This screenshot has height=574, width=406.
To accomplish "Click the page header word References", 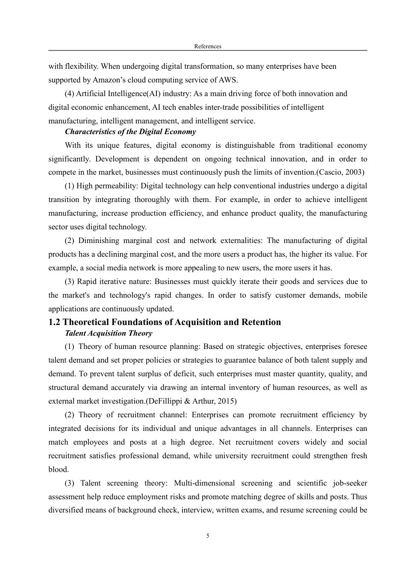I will [x=208, y=46].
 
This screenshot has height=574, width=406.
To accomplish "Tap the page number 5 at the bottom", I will [x=208, y=536].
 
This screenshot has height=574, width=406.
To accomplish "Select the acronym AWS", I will [x=229, y=80].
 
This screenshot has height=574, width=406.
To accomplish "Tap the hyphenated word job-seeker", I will [x=350, y=483].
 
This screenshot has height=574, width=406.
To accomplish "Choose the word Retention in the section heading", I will [x=262, y=322].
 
